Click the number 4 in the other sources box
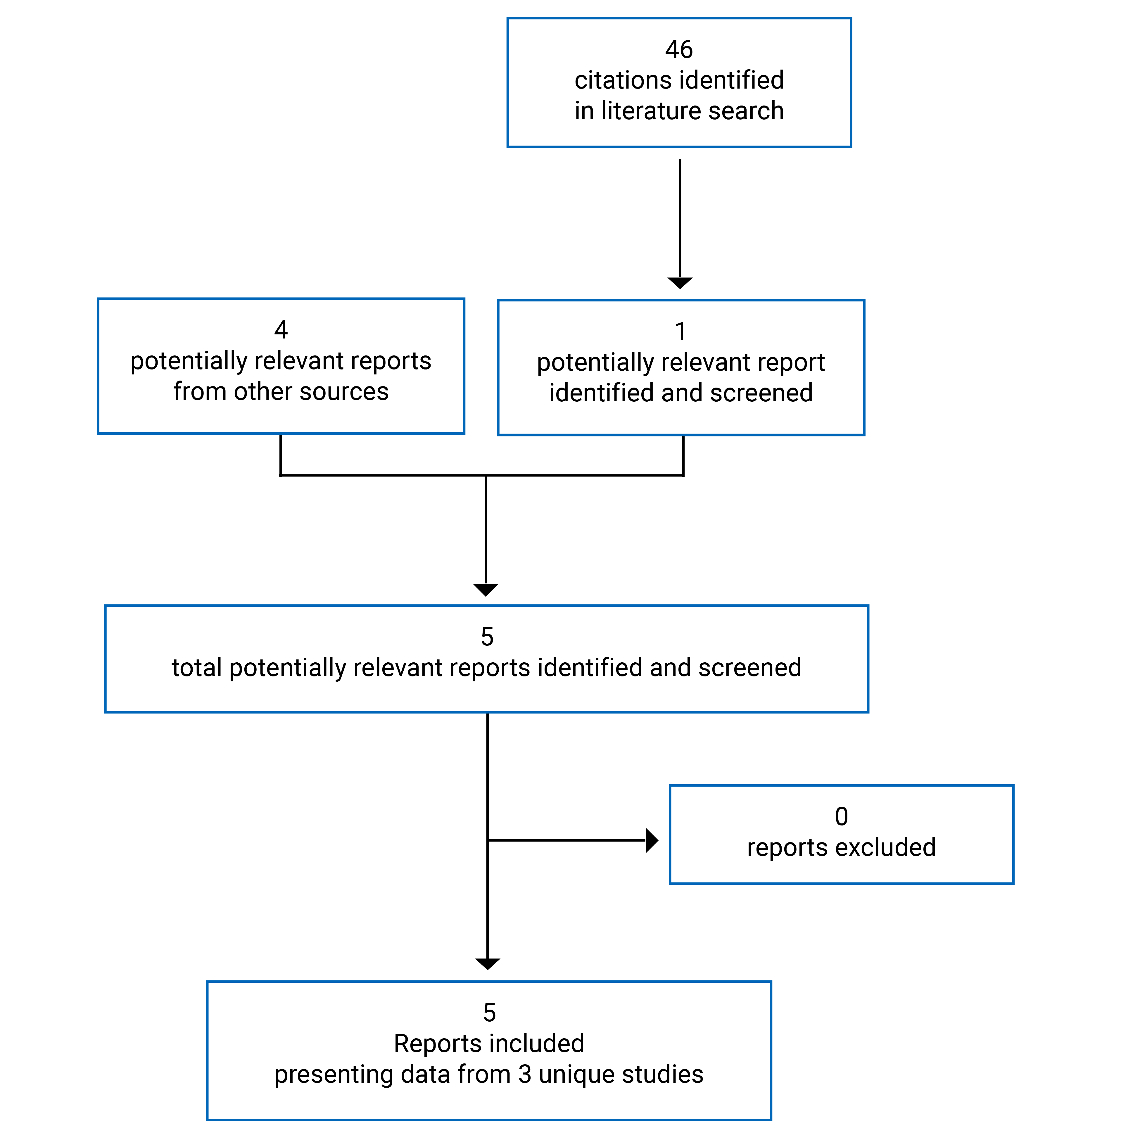click(x=281, y=330)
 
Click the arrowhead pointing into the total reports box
click(x=486, y=590)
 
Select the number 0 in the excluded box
click(x=842, y=817)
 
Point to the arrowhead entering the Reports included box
click(x=487, y=963)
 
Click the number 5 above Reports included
click(x=489, y=1013)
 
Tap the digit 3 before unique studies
click(x=525, y=1074)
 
